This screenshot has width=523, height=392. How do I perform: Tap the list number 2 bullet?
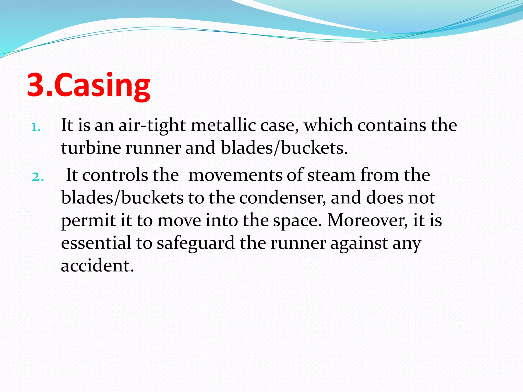(x=38, y=177)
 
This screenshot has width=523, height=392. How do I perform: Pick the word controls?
(x=115, y=175)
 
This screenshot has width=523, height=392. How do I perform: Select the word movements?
(x=235, y=176)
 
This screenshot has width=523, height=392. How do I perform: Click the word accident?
(x=97, y=266)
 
